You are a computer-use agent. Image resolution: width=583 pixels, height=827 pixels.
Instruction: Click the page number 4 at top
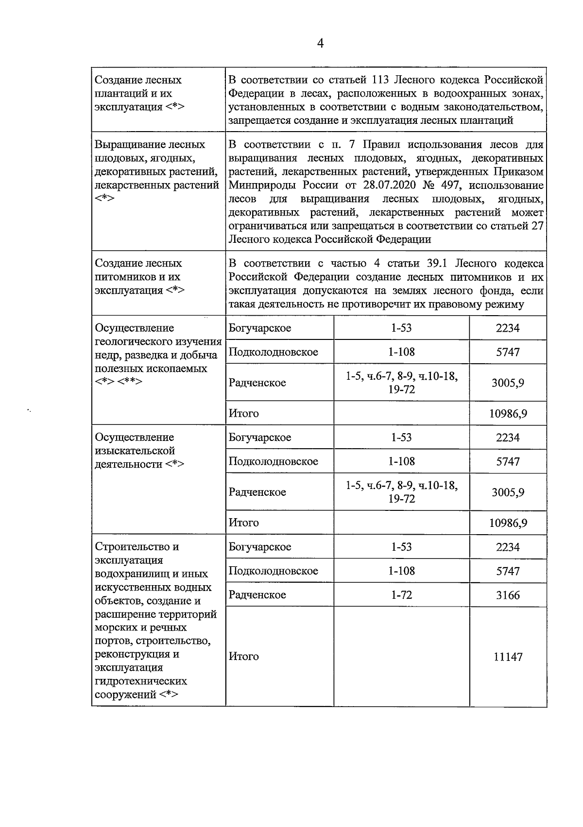(320, 44)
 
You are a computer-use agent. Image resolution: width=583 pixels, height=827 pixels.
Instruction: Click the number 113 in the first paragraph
(382, 80)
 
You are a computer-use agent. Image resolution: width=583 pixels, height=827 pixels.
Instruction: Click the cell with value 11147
(508, 657)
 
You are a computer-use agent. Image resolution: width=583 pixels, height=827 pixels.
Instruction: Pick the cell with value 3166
(508, 595)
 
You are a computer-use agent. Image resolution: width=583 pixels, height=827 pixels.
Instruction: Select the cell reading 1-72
(401, 595)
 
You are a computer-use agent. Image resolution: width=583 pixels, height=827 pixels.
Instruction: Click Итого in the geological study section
(243, 414)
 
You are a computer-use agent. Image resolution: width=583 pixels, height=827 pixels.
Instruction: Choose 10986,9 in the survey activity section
(508, 523)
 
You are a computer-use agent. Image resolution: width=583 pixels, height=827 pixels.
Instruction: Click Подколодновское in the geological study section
(273, 352)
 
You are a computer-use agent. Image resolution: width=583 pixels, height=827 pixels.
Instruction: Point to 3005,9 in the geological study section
(508, 383)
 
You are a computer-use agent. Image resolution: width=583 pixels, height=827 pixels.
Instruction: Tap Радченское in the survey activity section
(257, 492)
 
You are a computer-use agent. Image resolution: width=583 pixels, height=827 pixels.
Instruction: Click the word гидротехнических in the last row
(141, 681)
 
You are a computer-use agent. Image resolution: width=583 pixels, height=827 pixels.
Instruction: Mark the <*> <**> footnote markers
(119, 382)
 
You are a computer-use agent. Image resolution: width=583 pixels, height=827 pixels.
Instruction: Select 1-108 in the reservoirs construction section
(401, 571)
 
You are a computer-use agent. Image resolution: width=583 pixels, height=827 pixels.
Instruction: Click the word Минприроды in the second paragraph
(263, 186)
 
